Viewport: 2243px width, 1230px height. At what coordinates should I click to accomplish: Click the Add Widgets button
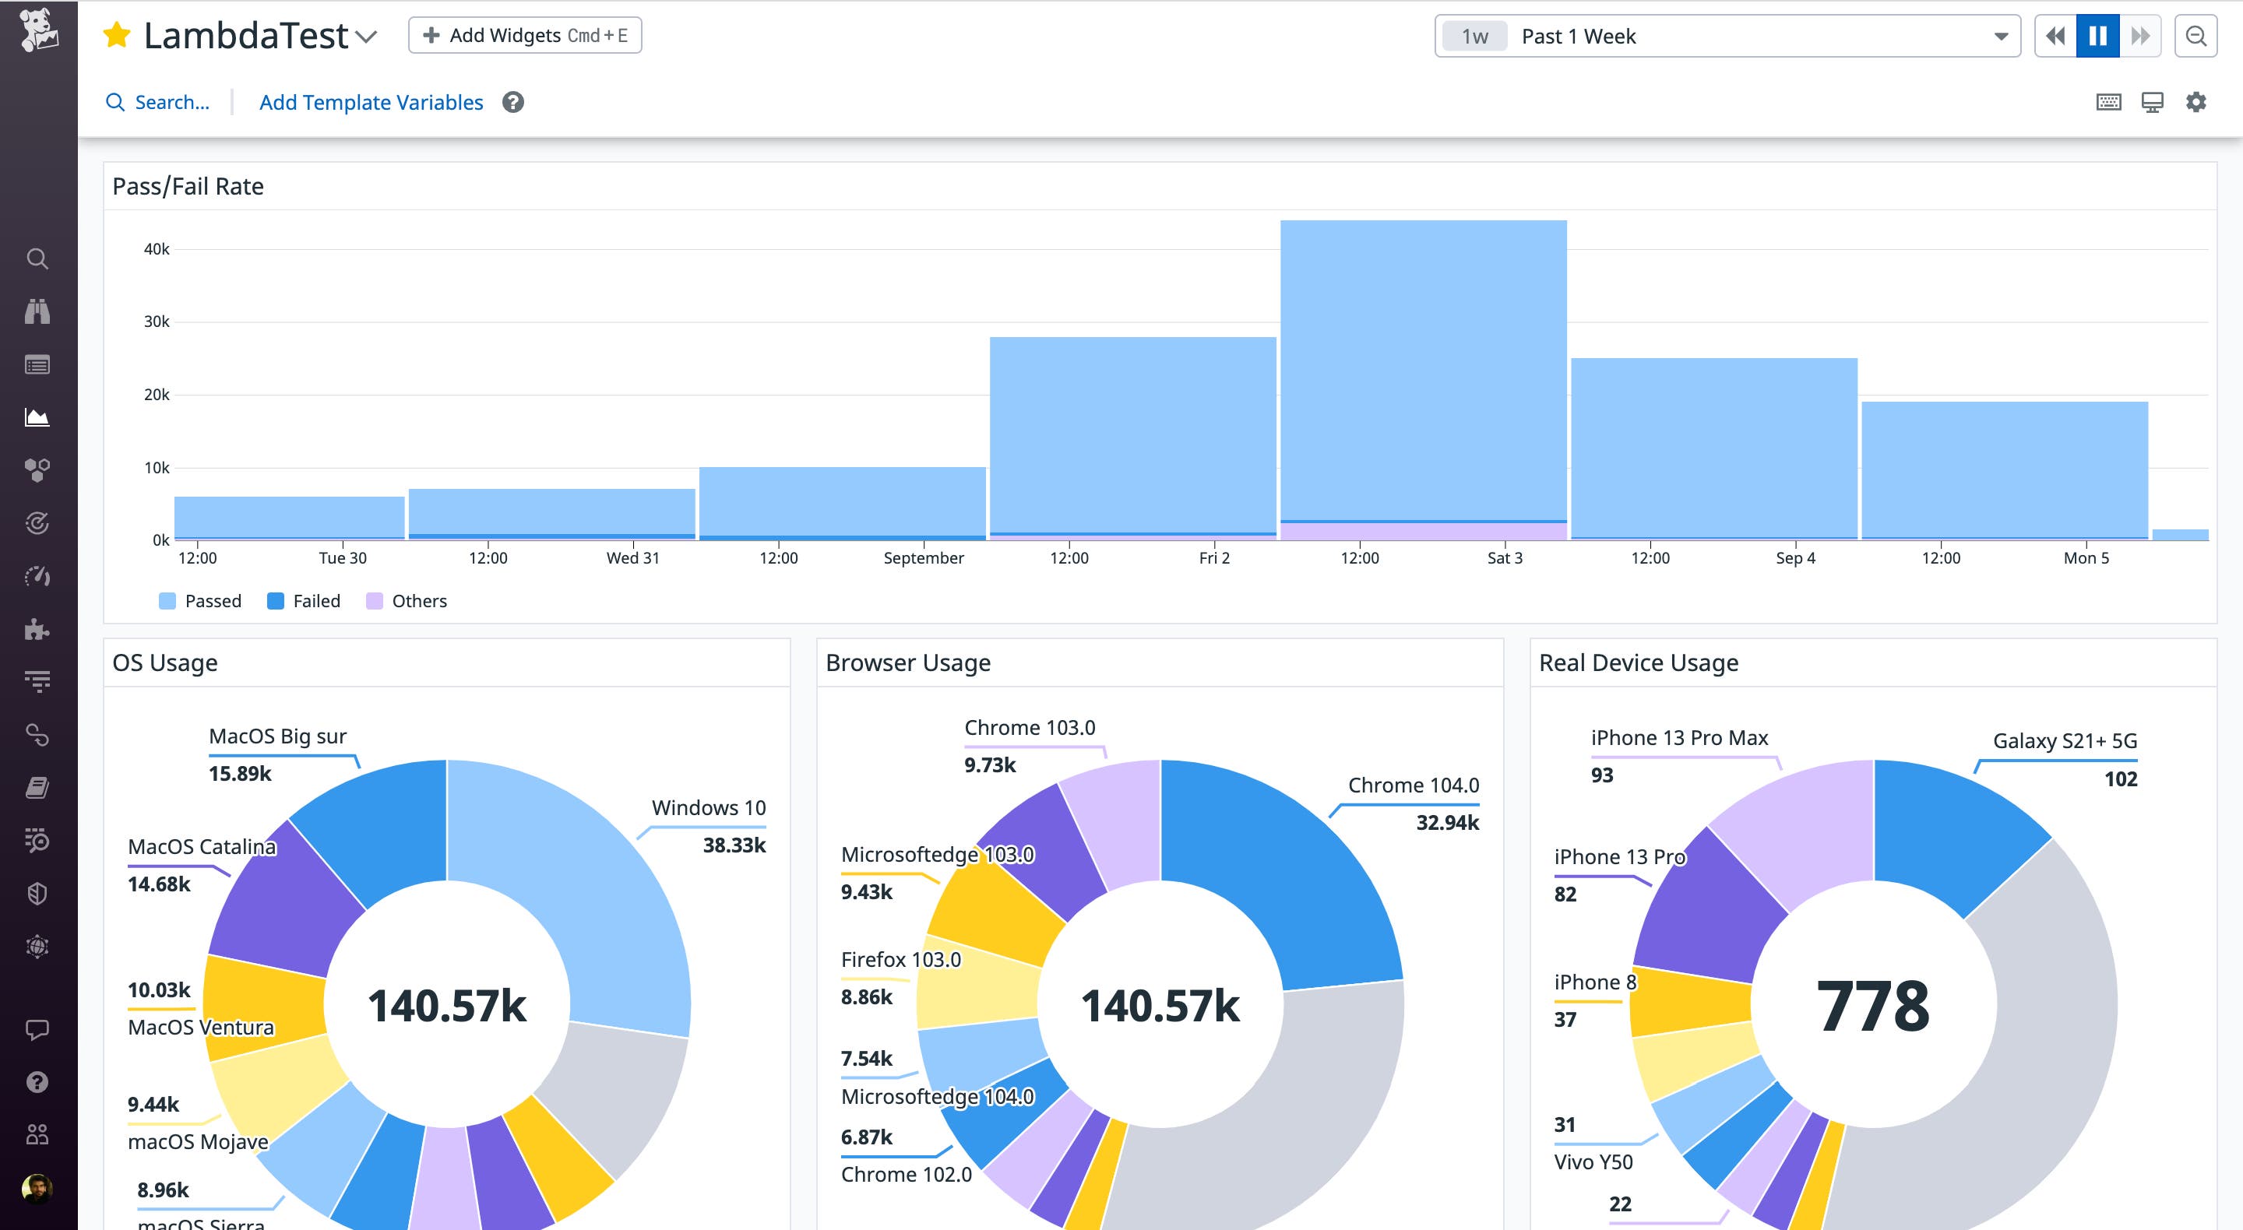tap(524, 36)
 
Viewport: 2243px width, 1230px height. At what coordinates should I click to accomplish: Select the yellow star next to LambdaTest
tap(117, 36)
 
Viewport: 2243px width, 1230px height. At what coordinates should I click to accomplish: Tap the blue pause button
tap(2097, 36)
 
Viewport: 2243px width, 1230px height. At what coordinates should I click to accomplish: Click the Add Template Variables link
tap(371, 103)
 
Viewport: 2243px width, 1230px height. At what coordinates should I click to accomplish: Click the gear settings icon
tap(2196, 102)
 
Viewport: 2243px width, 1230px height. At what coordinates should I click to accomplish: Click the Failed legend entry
tap(304, 601)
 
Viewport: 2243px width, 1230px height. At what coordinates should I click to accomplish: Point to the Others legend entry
tap(407, 601)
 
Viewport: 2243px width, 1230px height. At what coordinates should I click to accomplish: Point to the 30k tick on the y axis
tap(157, 322)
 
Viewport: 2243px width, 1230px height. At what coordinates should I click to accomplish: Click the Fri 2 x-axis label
tap(1214, 558)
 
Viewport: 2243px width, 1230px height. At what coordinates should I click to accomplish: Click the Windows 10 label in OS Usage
tap(708, 808)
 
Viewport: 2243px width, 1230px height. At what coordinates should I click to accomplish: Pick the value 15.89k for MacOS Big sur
tap(239, 773)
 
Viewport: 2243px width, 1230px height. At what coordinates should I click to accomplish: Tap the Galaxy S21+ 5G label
tap(2064, 741)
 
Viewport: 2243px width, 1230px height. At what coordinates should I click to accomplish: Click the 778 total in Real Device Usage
tap(1872, 1006)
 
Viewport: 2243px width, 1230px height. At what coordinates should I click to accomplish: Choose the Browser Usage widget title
tap(907, 662)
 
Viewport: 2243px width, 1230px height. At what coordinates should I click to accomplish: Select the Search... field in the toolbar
tap(171, 103)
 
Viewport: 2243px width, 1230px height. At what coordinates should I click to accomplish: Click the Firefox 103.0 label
tap(900, 959)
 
